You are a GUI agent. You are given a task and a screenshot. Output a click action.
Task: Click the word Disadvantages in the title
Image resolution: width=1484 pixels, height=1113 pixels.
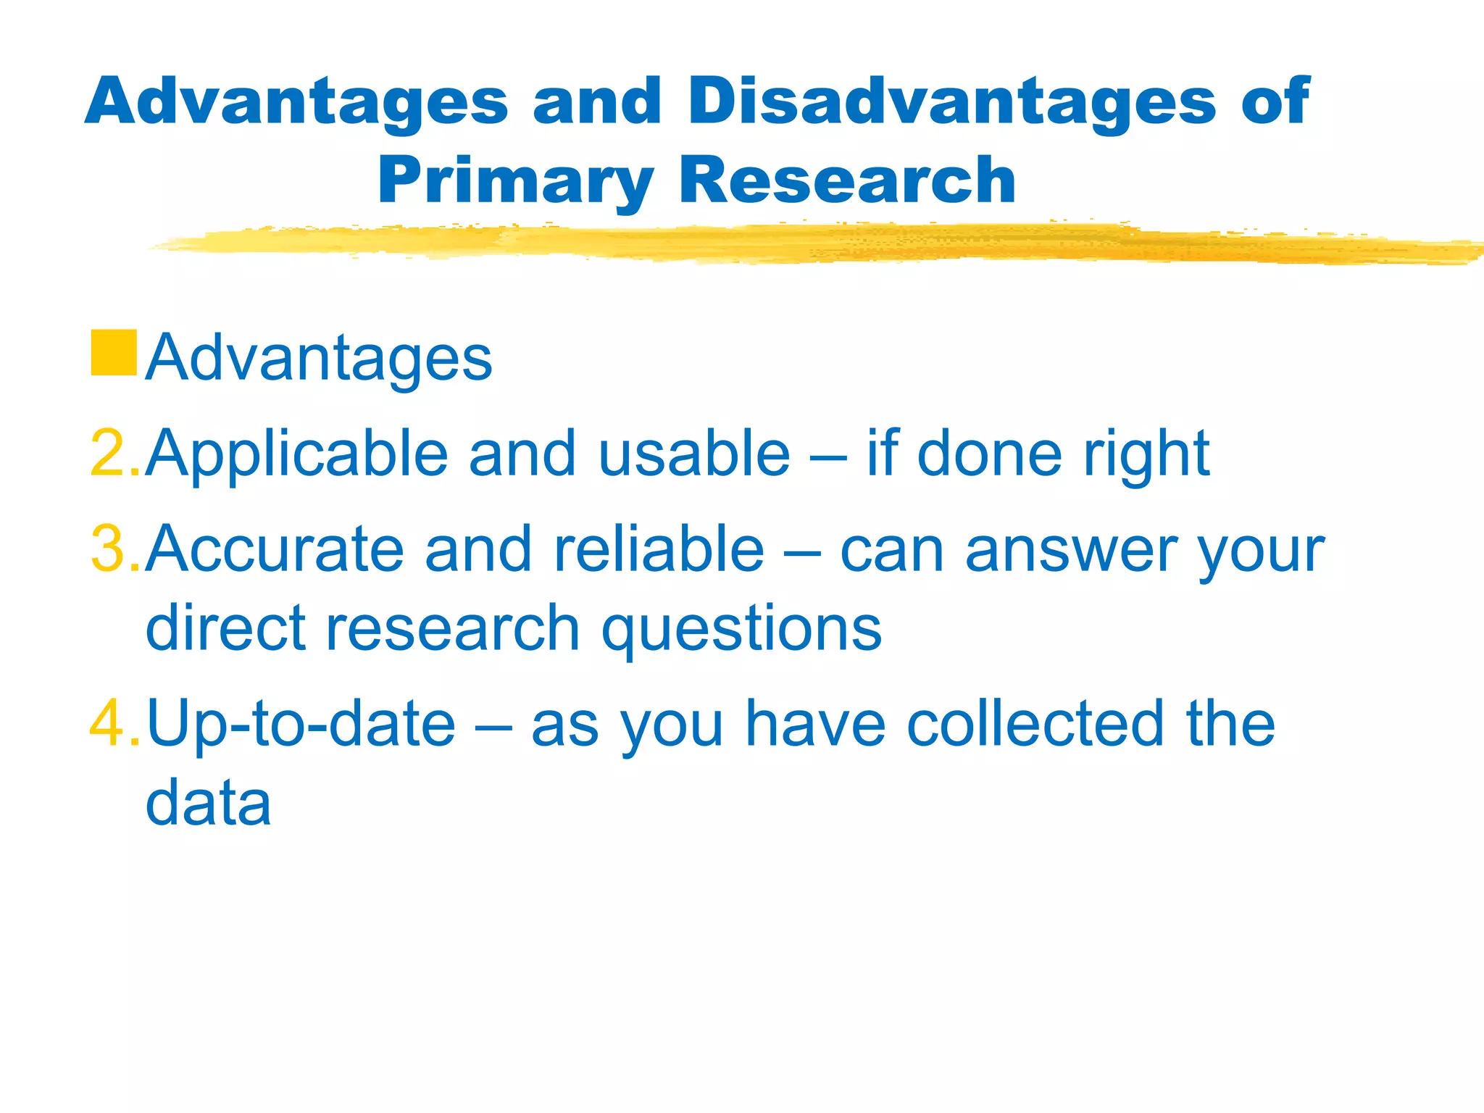(x=951, y=101)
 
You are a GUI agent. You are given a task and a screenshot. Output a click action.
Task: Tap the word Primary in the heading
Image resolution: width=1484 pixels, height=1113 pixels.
(x=515, y=181)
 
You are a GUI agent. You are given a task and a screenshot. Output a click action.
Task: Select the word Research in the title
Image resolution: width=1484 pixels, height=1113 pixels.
(x=847, y=181)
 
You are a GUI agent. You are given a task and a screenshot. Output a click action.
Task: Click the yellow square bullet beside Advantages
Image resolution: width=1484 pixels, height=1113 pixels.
(x=114, y=353)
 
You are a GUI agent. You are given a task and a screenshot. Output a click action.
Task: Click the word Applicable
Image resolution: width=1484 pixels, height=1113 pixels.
(x=296, y=455)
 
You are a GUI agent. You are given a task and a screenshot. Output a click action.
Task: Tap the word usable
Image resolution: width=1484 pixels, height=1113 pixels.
(x=693, y=454)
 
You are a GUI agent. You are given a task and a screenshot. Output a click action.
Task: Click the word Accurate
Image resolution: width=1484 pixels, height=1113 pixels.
(x=275, y=549)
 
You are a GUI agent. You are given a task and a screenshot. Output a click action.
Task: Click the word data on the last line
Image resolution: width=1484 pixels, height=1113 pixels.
(x=209, y=803)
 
